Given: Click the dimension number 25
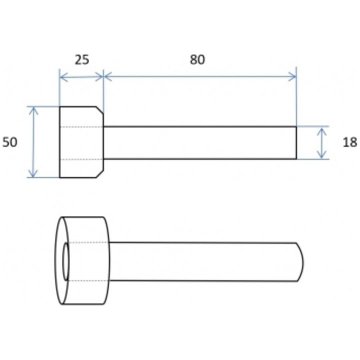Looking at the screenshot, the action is pos(82,59).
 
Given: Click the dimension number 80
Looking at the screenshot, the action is pos(197,59).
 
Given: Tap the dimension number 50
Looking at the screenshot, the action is pos(10,142).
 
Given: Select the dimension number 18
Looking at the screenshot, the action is pos(350,142).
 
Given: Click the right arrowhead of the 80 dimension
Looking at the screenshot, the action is pos(292,76).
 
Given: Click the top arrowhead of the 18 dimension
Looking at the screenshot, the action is pos(322,131).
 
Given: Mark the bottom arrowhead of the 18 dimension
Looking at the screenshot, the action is pos(321,154).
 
